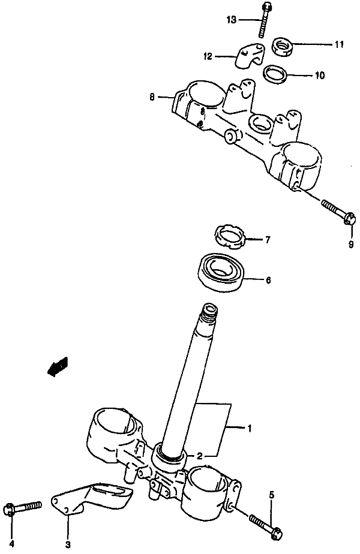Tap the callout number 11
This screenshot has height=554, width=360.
coord(339,44)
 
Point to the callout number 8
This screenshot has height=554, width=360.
coord(152,96)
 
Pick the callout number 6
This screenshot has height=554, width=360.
coord(268,279)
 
